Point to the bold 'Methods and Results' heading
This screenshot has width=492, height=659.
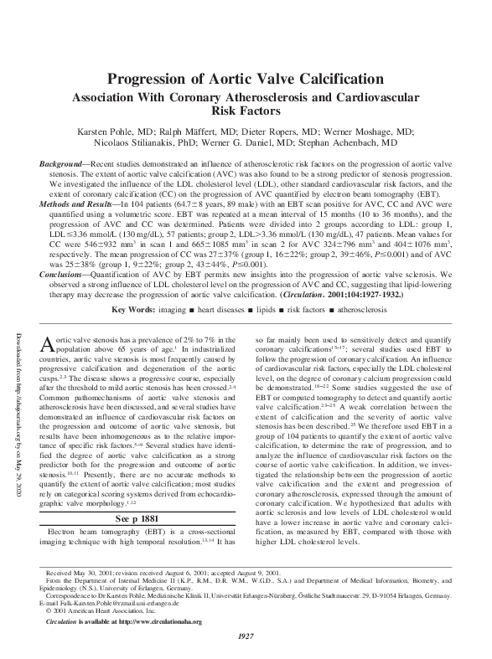(80, 204)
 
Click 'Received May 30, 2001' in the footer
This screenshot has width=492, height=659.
(80, 572)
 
